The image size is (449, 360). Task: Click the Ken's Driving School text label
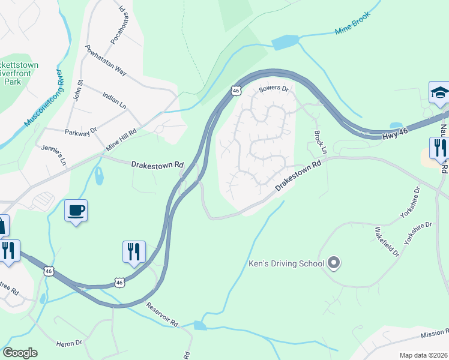(286, 263)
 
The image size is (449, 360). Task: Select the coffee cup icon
(76, 211)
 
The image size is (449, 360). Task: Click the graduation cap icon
(439, 92)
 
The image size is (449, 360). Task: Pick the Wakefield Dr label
(387, 242)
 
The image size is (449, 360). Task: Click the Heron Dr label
(69, 343)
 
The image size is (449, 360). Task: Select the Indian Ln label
(114, 100)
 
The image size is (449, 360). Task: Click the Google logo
(20, 353)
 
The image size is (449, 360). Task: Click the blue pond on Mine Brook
(285, 43)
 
